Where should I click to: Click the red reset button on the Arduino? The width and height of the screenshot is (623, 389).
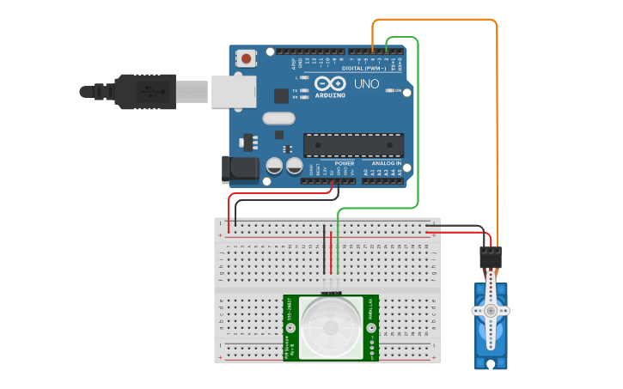247,59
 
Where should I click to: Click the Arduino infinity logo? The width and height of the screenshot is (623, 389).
330,84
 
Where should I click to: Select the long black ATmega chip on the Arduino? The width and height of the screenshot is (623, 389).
353,145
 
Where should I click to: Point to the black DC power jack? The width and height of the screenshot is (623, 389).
239,169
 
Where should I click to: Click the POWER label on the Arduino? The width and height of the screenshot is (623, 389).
344,162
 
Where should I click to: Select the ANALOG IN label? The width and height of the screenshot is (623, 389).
386,162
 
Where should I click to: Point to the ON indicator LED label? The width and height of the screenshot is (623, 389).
398,90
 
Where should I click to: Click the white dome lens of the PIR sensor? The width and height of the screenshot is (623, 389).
331,328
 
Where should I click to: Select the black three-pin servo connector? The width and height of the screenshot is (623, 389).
490,257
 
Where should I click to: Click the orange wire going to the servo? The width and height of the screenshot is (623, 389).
497,129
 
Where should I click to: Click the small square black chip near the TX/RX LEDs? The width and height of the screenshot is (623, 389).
281,96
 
